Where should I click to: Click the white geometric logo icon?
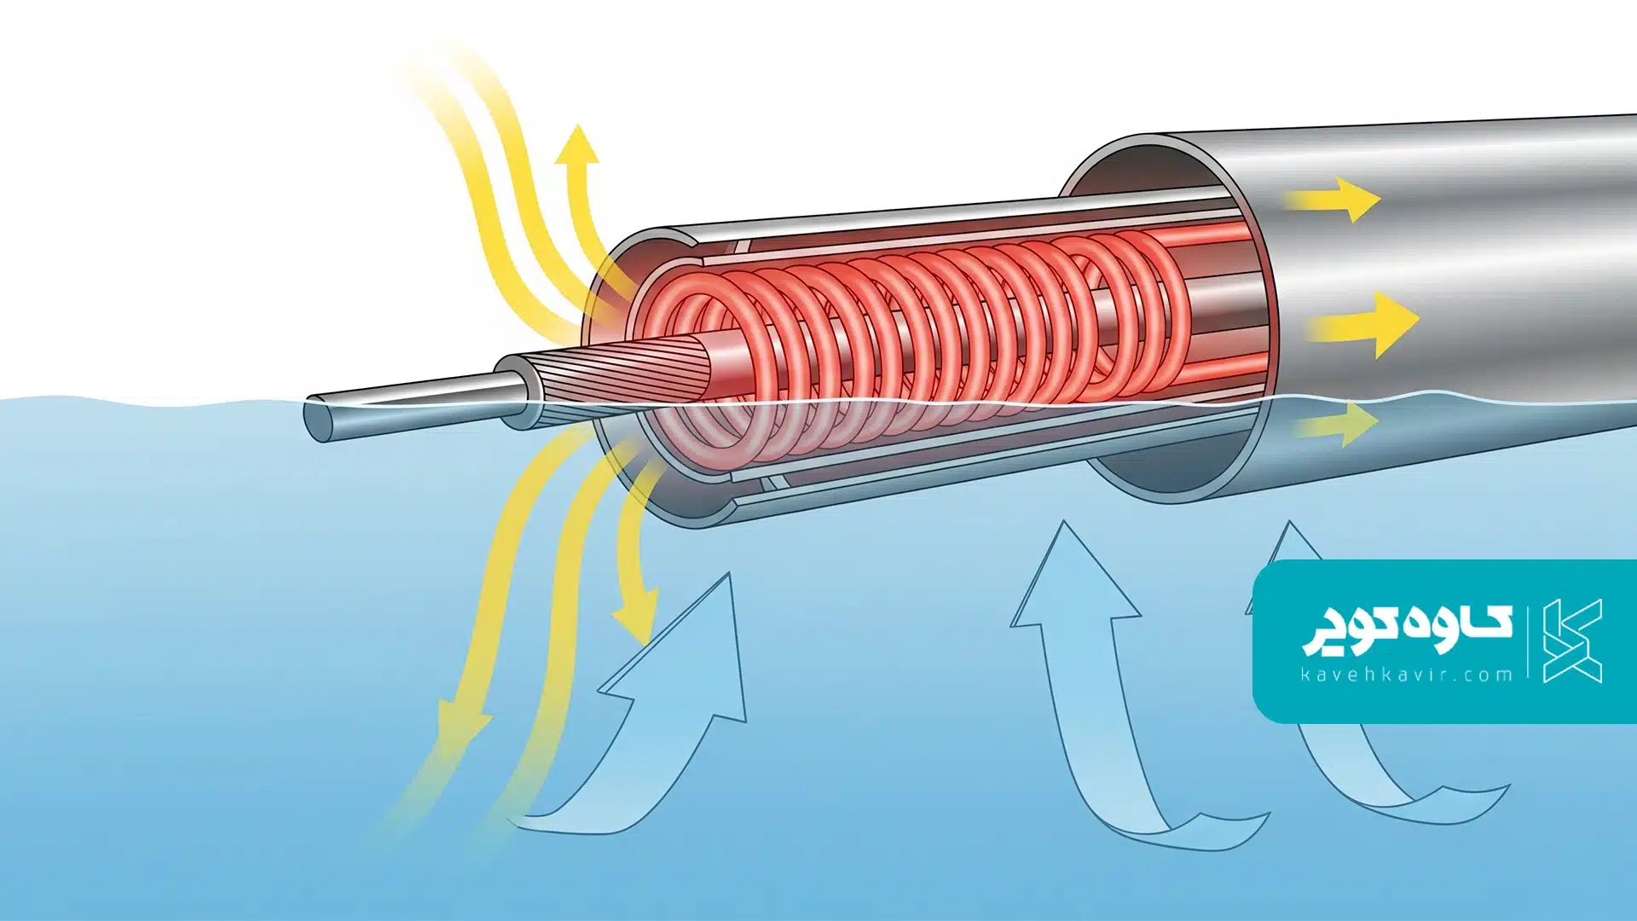(x=1573, y=640)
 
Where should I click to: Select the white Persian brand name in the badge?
(x=1407, y=629)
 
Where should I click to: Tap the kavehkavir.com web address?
(x=1407, y=675)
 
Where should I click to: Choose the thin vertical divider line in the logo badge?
(x=1528, y=641)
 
